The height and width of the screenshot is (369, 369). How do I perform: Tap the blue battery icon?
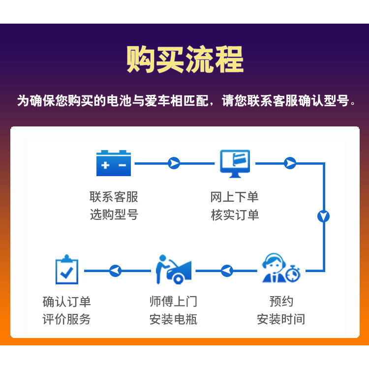tap(114, 163)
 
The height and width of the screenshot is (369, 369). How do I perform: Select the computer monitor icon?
tap(235, 163)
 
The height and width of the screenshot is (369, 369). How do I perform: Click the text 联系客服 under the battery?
tap(114, 197)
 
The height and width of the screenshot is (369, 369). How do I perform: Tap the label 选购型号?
tap(114, 215)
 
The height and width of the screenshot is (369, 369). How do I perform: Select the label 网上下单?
tap(235, 197)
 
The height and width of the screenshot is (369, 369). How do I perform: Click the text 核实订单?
tap(235, 215)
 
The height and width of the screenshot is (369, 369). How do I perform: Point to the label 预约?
tap(281, 301)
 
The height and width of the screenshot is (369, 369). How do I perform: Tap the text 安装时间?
tap(281, 319)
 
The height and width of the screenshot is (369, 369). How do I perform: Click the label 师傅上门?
tap(173, 301)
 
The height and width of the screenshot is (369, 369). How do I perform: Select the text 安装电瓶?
tap(173, 319)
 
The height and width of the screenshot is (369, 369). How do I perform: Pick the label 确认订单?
tap(66, 301)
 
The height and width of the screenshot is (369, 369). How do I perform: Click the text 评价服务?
tap(66, 319)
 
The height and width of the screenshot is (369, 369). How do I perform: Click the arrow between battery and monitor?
tap(174, 163)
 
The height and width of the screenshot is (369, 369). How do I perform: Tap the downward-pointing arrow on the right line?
tap(323, 216)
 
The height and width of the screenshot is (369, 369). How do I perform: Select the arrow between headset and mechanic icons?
tap(226, 270)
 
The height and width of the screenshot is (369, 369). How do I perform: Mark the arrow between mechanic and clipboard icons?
tap(115, 270)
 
